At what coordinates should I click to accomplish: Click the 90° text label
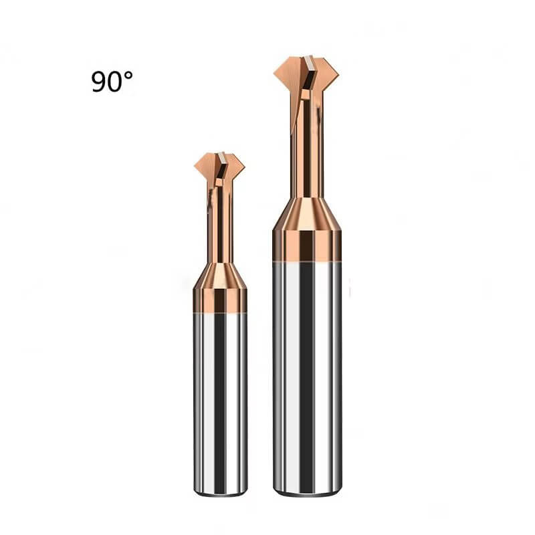112,82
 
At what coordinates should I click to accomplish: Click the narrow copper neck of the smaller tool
220,225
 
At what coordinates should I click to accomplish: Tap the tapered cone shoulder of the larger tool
307,214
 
